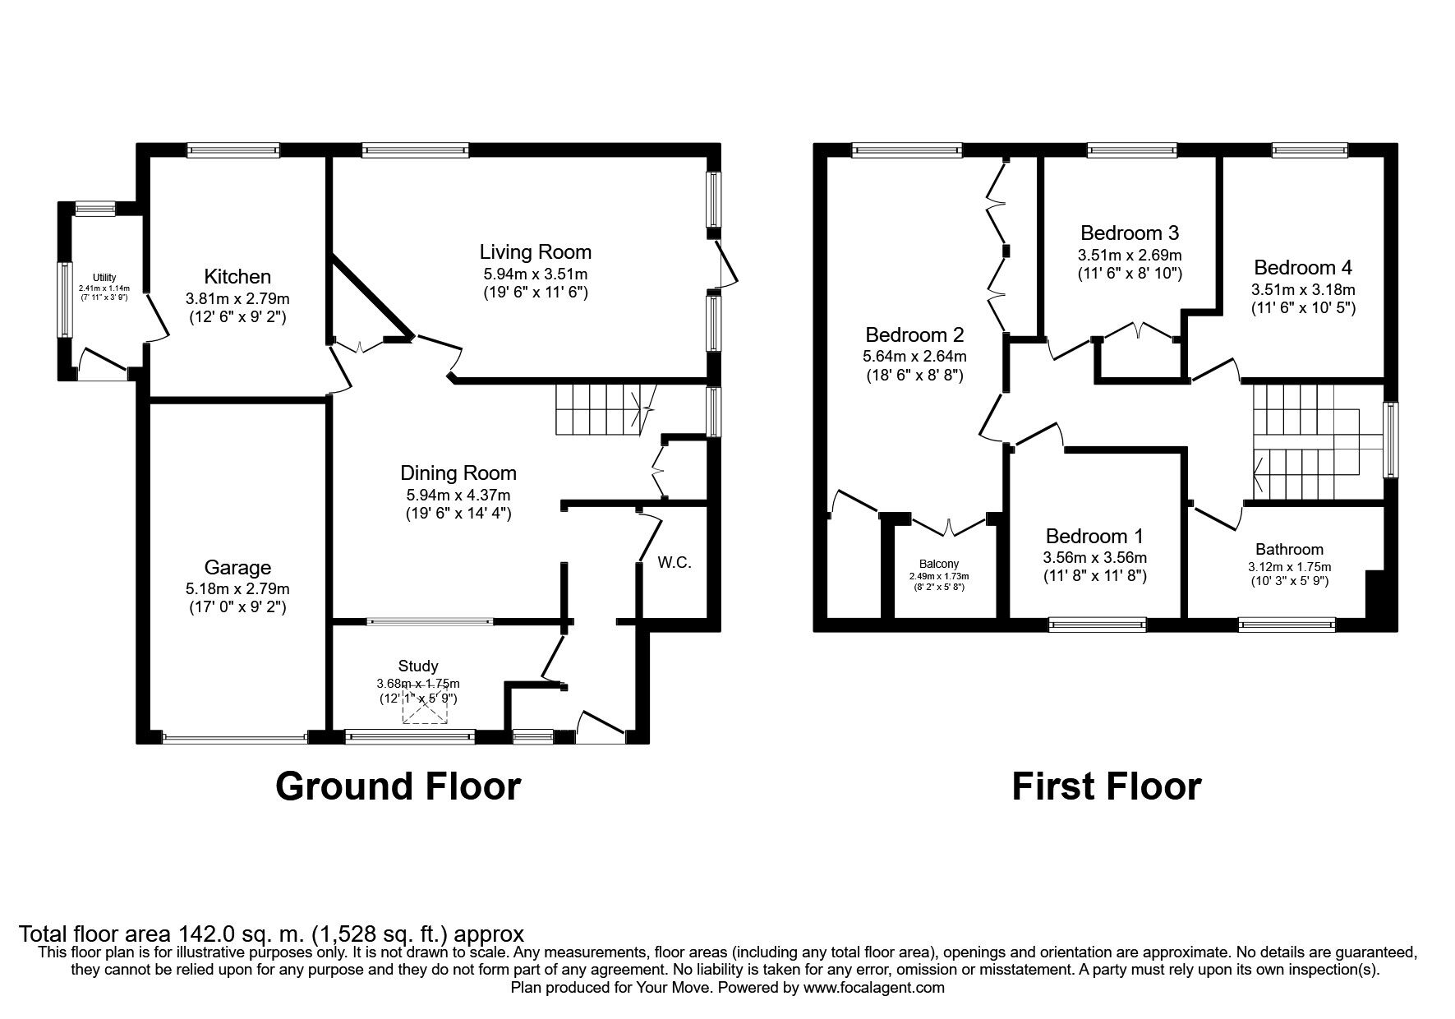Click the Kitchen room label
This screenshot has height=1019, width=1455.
(x=237, y=276)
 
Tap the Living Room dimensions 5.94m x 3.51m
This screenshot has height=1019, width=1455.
(x=535, y=274)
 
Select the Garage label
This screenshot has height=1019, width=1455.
(x=237, y=568)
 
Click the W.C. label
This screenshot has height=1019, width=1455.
(x=675, y=563)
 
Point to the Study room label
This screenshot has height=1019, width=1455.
(x=418, y=666)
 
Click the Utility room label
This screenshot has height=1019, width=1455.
(x=104, y=278)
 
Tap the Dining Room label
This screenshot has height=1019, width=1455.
(x=458, y=473)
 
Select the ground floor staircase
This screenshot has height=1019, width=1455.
(x=600, y=409)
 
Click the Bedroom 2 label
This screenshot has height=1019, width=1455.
(x=914, y=335)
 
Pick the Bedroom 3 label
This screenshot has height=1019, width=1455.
(x=1130, y=233)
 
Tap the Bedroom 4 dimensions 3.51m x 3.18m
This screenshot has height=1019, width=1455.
(x=1303, y=289)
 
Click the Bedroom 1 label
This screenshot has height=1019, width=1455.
(x=1094, y=537)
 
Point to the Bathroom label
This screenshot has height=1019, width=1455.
(x=1289, y=550)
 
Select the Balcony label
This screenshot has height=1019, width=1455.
(x=938, y=564)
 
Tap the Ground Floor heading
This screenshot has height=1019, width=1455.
(x=398, y=786)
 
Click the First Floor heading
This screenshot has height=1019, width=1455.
(x=1106, y=786)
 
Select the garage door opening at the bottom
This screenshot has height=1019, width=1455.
(x=235, y=738)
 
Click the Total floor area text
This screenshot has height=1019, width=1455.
(x=271, y=934)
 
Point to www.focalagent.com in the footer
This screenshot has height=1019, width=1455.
(x=874, y=988)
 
